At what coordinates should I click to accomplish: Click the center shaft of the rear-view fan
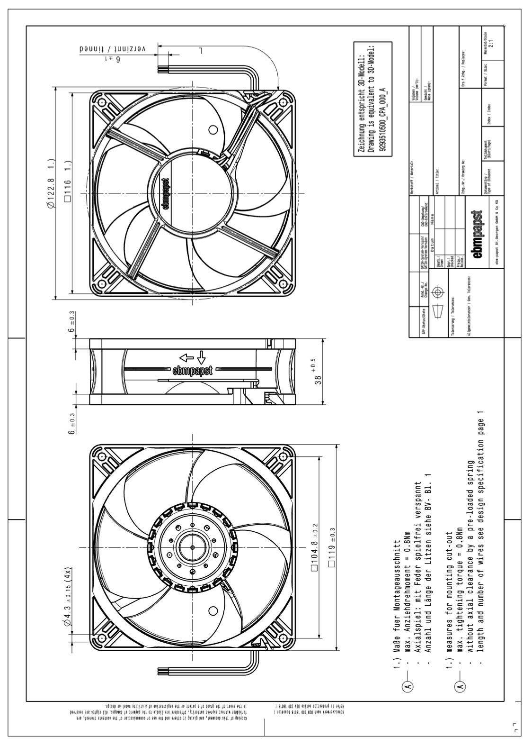point(192,547)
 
